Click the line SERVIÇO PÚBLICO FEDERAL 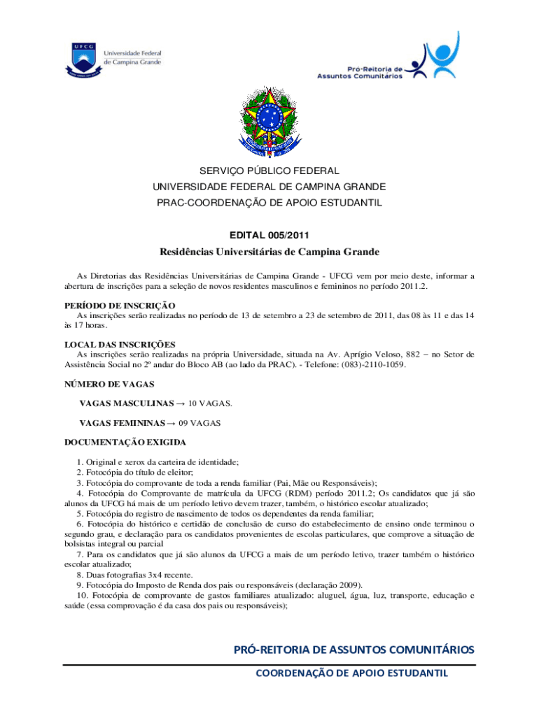tap(269, 171)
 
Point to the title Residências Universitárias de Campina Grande tap(269, 252)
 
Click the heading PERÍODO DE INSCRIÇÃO tap(120, 306)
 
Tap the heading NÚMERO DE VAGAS tap(109, 385)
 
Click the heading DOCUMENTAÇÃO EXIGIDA tap(126, 443)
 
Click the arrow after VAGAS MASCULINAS tap(179, 404)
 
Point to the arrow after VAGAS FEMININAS tap(171, 423)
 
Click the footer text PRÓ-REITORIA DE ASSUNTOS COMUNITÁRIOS tap(353, 650)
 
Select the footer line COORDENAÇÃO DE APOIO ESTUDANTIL tap(351, 673)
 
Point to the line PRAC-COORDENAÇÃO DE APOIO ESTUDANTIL tap(269, 203)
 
